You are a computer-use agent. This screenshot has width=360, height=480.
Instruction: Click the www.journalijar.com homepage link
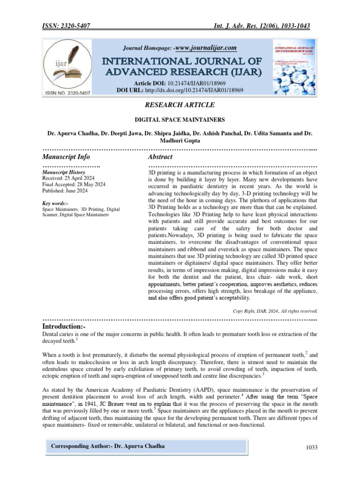coord(205,48)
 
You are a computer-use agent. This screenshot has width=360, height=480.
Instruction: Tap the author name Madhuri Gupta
coord(180,141)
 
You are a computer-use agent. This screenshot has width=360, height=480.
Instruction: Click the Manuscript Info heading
coord(66,157)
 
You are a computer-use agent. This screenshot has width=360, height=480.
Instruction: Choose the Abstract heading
coord(160,157)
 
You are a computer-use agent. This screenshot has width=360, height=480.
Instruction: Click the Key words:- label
coord(55,203)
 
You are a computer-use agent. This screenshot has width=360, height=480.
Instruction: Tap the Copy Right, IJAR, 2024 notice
coord(275,311)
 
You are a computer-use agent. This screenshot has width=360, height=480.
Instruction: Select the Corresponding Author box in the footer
coord(108,446)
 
